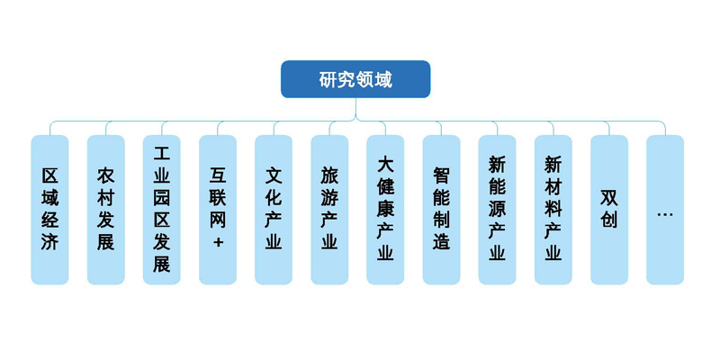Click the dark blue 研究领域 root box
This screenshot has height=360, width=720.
click(355, 79)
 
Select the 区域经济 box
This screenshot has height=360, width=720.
click(49, 209)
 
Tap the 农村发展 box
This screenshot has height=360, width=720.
click(105, 209)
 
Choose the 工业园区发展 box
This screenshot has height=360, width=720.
click(161, 209)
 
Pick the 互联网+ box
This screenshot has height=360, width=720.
click(217, 209)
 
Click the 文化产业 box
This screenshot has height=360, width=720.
click(274, 209)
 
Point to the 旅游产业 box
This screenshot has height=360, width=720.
click(329, 209)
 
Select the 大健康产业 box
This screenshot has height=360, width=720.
click(385, 209)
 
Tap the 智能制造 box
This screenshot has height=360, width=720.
click(441, 209)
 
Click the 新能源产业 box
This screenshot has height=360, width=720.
click(497, 209)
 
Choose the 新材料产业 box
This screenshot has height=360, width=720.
click(553, 209)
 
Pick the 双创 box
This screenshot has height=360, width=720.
click(609, 209)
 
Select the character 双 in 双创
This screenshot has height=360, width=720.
click(609, 197)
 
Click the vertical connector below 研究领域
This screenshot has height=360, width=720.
click(355, 108)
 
